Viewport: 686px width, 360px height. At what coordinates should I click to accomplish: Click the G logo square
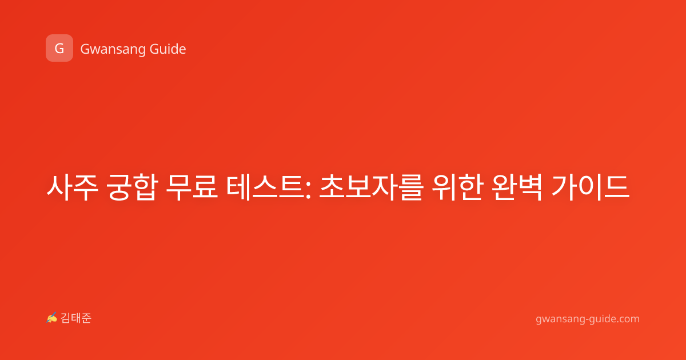coord(59,48)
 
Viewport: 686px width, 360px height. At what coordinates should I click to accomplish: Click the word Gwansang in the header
coord(113,50)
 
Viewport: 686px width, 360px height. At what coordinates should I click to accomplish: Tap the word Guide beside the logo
coord(168,49)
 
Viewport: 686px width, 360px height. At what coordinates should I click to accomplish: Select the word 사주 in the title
coord(72,187)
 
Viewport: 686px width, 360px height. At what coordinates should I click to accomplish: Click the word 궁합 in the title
coord(132,187)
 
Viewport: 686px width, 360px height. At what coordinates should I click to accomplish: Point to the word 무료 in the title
coord(192,187)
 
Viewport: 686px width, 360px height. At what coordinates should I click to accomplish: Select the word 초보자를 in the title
coord(371,187)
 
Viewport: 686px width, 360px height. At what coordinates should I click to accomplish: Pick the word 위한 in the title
coord(457,187)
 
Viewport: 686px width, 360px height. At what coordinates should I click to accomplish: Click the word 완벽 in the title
coord(517,187)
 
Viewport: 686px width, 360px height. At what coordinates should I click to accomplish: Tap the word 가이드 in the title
coord(591,187)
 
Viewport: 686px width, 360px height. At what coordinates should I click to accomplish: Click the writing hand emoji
coord(52,318)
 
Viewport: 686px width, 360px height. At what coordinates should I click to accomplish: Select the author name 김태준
coord(76,318)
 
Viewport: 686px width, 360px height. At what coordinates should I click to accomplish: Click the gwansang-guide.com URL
coord(588,319)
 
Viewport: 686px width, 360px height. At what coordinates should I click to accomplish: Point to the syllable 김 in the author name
coord(66,318)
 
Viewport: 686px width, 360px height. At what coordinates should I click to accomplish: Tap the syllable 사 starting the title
coord(59,187)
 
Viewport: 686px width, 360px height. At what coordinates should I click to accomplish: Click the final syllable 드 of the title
coord(617,187)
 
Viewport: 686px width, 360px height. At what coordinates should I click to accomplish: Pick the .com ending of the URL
coord(628,319)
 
